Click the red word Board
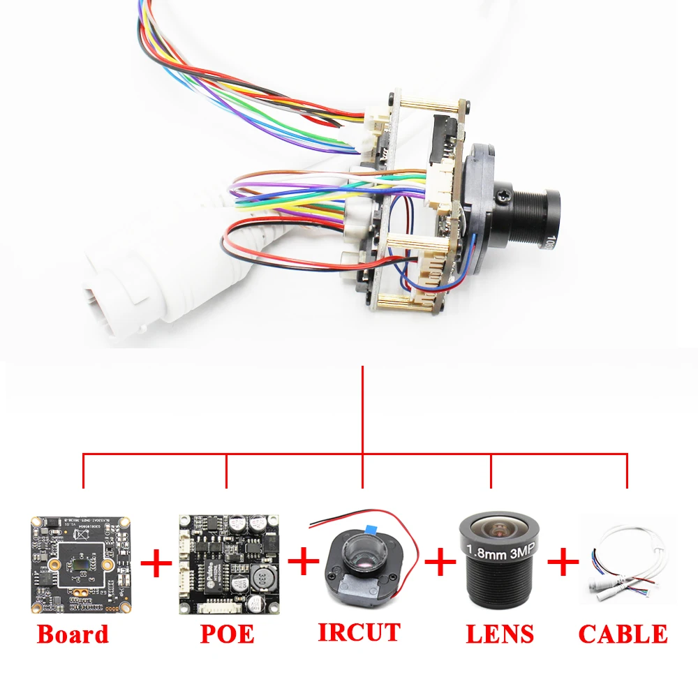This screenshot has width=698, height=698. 73,634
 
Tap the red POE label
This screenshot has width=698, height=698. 227,634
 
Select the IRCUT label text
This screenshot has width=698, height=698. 359,632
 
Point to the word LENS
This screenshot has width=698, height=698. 500,634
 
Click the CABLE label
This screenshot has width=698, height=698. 623,634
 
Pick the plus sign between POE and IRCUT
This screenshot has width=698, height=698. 302,563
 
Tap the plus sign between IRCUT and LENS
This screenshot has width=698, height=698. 440,563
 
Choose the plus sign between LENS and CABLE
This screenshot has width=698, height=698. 563,563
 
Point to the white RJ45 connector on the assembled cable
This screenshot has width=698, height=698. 119,293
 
